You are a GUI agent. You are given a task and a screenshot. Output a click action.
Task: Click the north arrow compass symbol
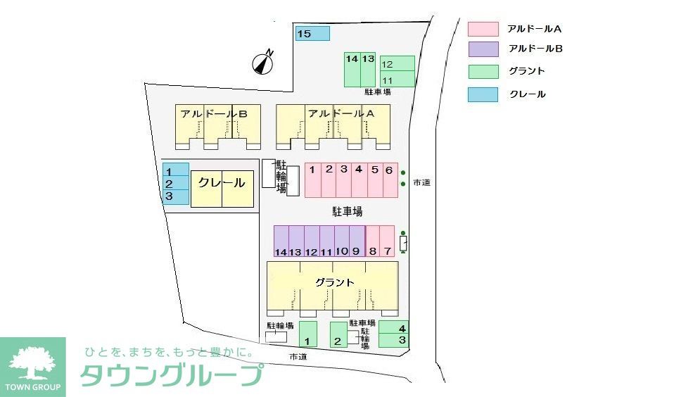click(x=263, y=63)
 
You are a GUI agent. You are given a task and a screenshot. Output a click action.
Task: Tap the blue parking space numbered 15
click(x=312, y=33)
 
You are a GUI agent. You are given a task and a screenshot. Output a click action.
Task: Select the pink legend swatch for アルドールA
click(x=483, y=29)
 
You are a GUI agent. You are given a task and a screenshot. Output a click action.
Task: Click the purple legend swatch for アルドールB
click(x=483, y=49)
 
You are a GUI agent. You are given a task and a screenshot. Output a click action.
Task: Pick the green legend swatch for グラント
click(x=483, y=71)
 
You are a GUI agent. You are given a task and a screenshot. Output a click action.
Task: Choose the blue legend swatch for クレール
click(x=483, y=94)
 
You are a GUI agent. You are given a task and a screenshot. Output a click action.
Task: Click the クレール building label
click(x=222, y=183)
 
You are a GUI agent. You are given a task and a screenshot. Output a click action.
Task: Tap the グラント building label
click(x=334, y=282)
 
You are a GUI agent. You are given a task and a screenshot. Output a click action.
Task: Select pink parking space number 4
click(x=359, y=180)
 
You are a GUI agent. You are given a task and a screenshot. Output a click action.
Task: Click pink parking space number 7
click(x=388, y=241)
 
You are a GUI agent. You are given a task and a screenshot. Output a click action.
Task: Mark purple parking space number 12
click(x=311, y=241)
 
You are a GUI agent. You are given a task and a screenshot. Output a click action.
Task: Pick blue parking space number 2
click(x=176, y=184)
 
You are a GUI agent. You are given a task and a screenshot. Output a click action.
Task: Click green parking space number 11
click(x=397, y=79)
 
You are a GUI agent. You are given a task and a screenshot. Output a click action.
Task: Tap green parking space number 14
click(x=352, y=70)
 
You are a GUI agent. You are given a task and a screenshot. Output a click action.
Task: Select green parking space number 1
click(x=308, y=334)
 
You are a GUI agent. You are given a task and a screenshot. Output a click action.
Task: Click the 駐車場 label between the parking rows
click(x=347, y=211)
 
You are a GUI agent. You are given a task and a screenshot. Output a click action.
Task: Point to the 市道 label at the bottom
click(x=298, y=357)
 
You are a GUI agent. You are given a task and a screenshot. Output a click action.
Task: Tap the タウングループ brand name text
click(x=172, y=374)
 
